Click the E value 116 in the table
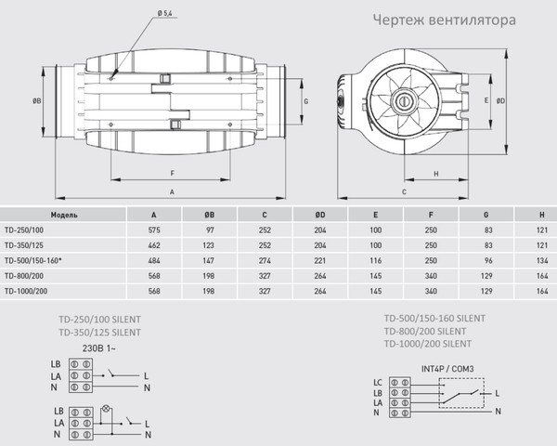(376, 258)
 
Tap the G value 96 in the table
(488, 258)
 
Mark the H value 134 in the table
(540, 258)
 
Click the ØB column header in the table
(209, 213)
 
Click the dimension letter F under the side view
(173, 174)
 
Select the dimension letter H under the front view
(435, 174)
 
